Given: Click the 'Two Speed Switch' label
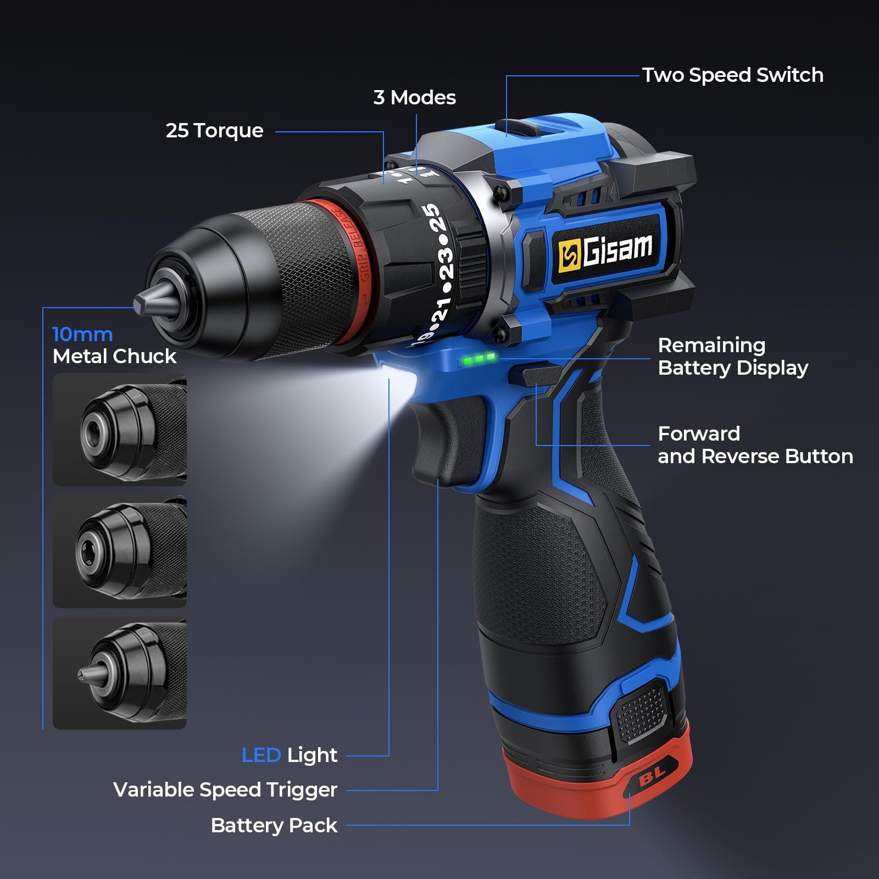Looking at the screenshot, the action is [x=733, y=75].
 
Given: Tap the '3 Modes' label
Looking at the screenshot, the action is [x=415, y=97].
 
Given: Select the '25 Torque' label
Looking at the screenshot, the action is [x=214, y=131].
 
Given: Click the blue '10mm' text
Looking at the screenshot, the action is [x=82, y=334].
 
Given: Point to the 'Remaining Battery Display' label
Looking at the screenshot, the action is [x=733, y=357].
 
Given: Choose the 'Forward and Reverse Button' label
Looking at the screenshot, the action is [x=755, y=445].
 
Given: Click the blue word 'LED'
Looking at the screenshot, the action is [x=262, y=755].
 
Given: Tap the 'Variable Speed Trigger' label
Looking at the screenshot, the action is [x=225, y=790].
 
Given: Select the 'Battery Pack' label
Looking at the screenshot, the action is [x=274, y=825].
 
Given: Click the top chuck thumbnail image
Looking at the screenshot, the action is [x=120, y=430].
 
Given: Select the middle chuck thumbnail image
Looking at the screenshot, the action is [x=120, y=552].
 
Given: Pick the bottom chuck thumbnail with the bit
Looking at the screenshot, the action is [x=120, y=674].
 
